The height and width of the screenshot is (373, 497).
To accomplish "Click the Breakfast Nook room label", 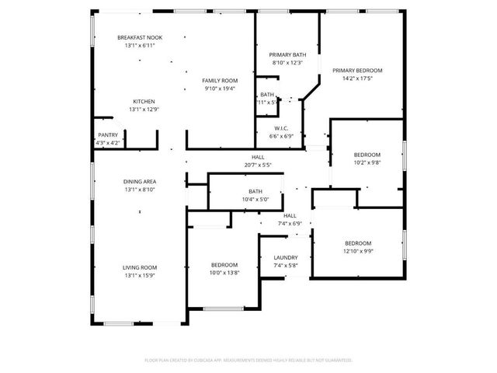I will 140,37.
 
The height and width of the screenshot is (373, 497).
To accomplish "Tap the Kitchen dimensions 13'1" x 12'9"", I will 144,110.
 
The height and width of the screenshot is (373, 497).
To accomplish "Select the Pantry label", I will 108,135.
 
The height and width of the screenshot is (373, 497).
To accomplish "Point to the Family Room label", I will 220,81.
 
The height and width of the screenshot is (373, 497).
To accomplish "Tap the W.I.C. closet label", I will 283,127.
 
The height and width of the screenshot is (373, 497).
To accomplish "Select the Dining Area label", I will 140,181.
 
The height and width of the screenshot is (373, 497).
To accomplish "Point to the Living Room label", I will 140,267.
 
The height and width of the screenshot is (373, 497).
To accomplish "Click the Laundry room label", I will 287,257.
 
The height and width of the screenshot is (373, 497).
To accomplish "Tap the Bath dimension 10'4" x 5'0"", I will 255,200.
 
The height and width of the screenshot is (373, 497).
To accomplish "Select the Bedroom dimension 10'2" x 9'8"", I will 367,163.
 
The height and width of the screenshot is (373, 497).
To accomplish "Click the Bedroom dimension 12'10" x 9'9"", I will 358,251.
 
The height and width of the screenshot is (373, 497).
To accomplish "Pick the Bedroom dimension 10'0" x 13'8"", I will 224,274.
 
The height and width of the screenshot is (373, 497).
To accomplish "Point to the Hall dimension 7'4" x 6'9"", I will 290,224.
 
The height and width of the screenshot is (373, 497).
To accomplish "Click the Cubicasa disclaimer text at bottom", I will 248,361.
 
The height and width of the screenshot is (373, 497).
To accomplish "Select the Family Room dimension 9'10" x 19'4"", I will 220,89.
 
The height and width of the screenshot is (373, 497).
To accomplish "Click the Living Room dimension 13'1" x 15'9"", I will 140,276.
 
